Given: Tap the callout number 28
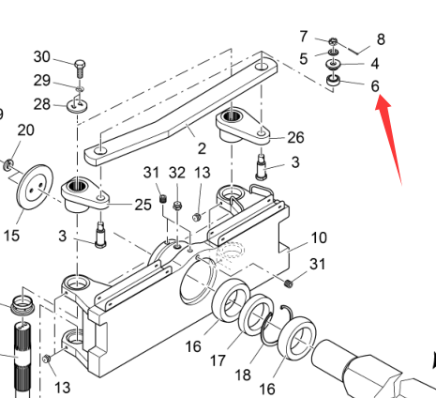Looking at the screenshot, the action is pyautogui.click(x=42, y=104).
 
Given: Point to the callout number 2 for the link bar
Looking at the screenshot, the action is pyautogui.click(x=202, y=148).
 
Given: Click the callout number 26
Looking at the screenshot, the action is pyautogui.click(x=295, y=137).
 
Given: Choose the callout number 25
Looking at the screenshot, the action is pyautogui.click(x=143, y=205).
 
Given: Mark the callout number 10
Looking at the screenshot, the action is pyautogui.click(x=319, y=238).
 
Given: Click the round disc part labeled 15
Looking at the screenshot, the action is pyautogui.click(x=35, y=187).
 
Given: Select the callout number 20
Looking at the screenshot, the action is pyautogui.click(x=25, y=130).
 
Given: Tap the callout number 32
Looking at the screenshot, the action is pyautogui.click(x=177, y=173).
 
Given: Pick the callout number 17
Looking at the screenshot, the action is pyautogui.click(x=218, y=360).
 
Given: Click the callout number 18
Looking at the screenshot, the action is pyautogui.click(x=243, y=375).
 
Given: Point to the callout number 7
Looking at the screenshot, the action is pyautogui.click(x=304, y=37).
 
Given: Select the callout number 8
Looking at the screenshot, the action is pyautogui.click(x=381, y=39).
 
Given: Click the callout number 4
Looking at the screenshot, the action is pyautogui.click(x=375, y=64).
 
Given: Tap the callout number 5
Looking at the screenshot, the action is pyautogui.click(x=303, y=59).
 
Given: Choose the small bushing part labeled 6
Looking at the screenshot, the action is pyautogui.click(x=334, y=81).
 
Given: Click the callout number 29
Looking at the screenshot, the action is pyautogui.click(x=42, y=81).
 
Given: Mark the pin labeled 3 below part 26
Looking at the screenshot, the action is pyautogui.click(x=262, y=167).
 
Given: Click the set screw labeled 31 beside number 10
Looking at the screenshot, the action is pyautogui.click(x=289, y=283).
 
